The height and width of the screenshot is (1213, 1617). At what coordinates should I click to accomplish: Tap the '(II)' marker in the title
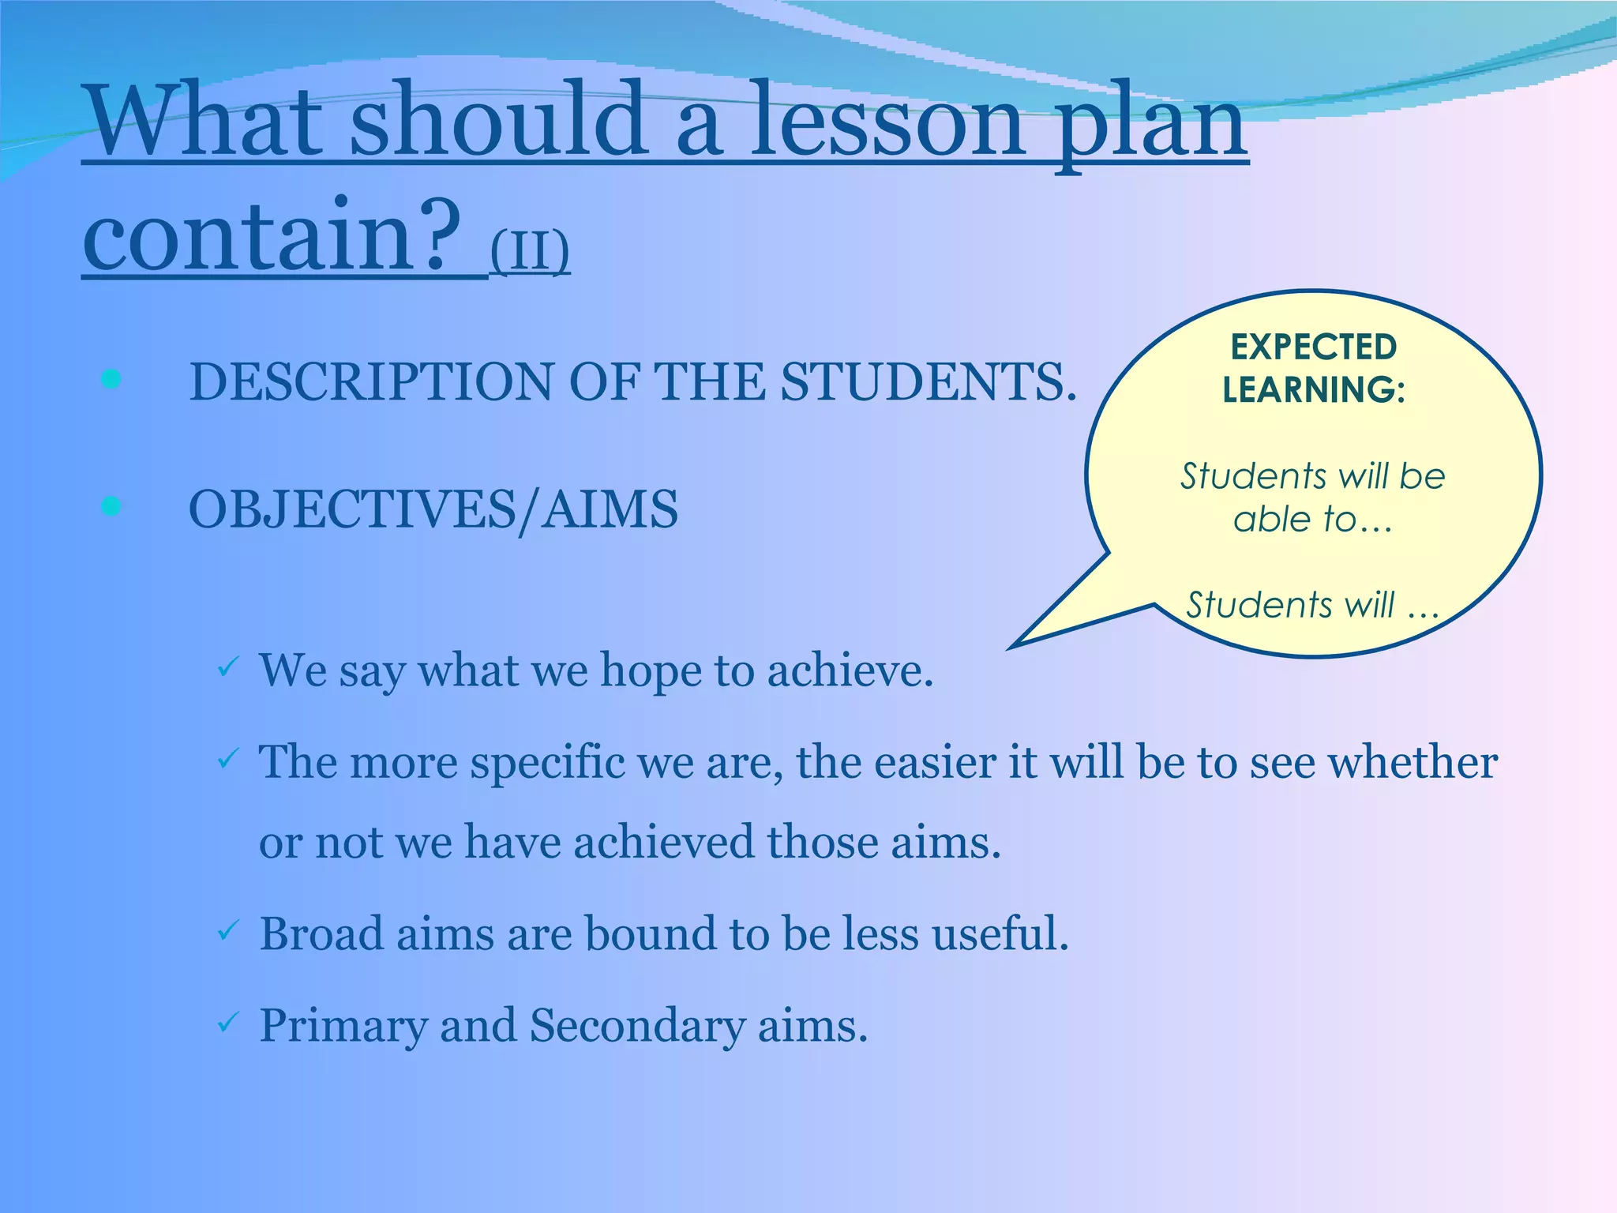(530, 250)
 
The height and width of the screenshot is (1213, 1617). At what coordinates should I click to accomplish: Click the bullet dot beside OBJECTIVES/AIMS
(111, 506)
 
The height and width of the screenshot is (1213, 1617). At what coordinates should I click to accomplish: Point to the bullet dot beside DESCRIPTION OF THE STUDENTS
(111, 380)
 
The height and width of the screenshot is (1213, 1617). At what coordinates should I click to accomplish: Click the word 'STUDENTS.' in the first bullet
(929, 382)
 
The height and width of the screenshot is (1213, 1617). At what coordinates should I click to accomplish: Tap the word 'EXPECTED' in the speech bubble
(1314, 347)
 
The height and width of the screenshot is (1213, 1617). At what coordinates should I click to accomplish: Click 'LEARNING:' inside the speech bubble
(1314, 389)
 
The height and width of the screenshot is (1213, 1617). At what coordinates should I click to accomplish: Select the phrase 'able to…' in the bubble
(1312, 520)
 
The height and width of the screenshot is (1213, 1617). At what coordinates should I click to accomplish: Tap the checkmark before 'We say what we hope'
(227, 667)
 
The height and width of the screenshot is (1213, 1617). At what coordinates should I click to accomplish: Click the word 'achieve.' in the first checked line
(850, 670)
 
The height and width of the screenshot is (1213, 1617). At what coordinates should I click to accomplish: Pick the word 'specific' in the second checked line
(547, 764)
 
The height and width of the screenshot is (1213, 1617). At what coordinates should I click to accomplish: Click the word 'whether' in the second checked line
(1413, 763)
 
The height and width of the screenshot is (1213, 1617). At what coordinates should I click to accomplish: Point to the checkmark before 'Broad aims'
(227, 931)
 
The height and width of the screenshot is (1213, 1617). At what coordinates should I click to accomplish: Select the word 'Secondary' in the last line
(636, 1026)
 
